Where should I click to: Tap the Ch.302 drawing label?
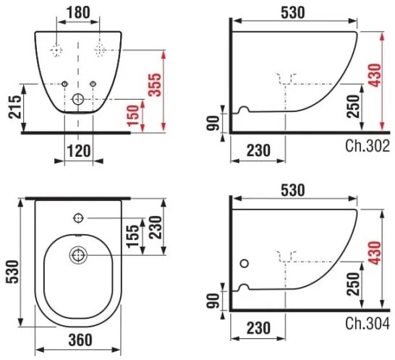pyautogui.click(x=368, y=147)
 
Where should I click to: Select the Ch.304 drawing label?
pyautogui.click(x=368, y=322)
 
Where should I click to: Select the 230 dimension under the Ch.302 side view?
pyautogui.click(x=257, y=150)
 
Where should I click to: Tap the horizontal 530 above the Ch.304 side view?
pyautogui.click(x=294, y=189)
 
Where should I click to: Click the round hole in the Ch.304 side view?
pyautogui.click(x=244, y=265)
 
